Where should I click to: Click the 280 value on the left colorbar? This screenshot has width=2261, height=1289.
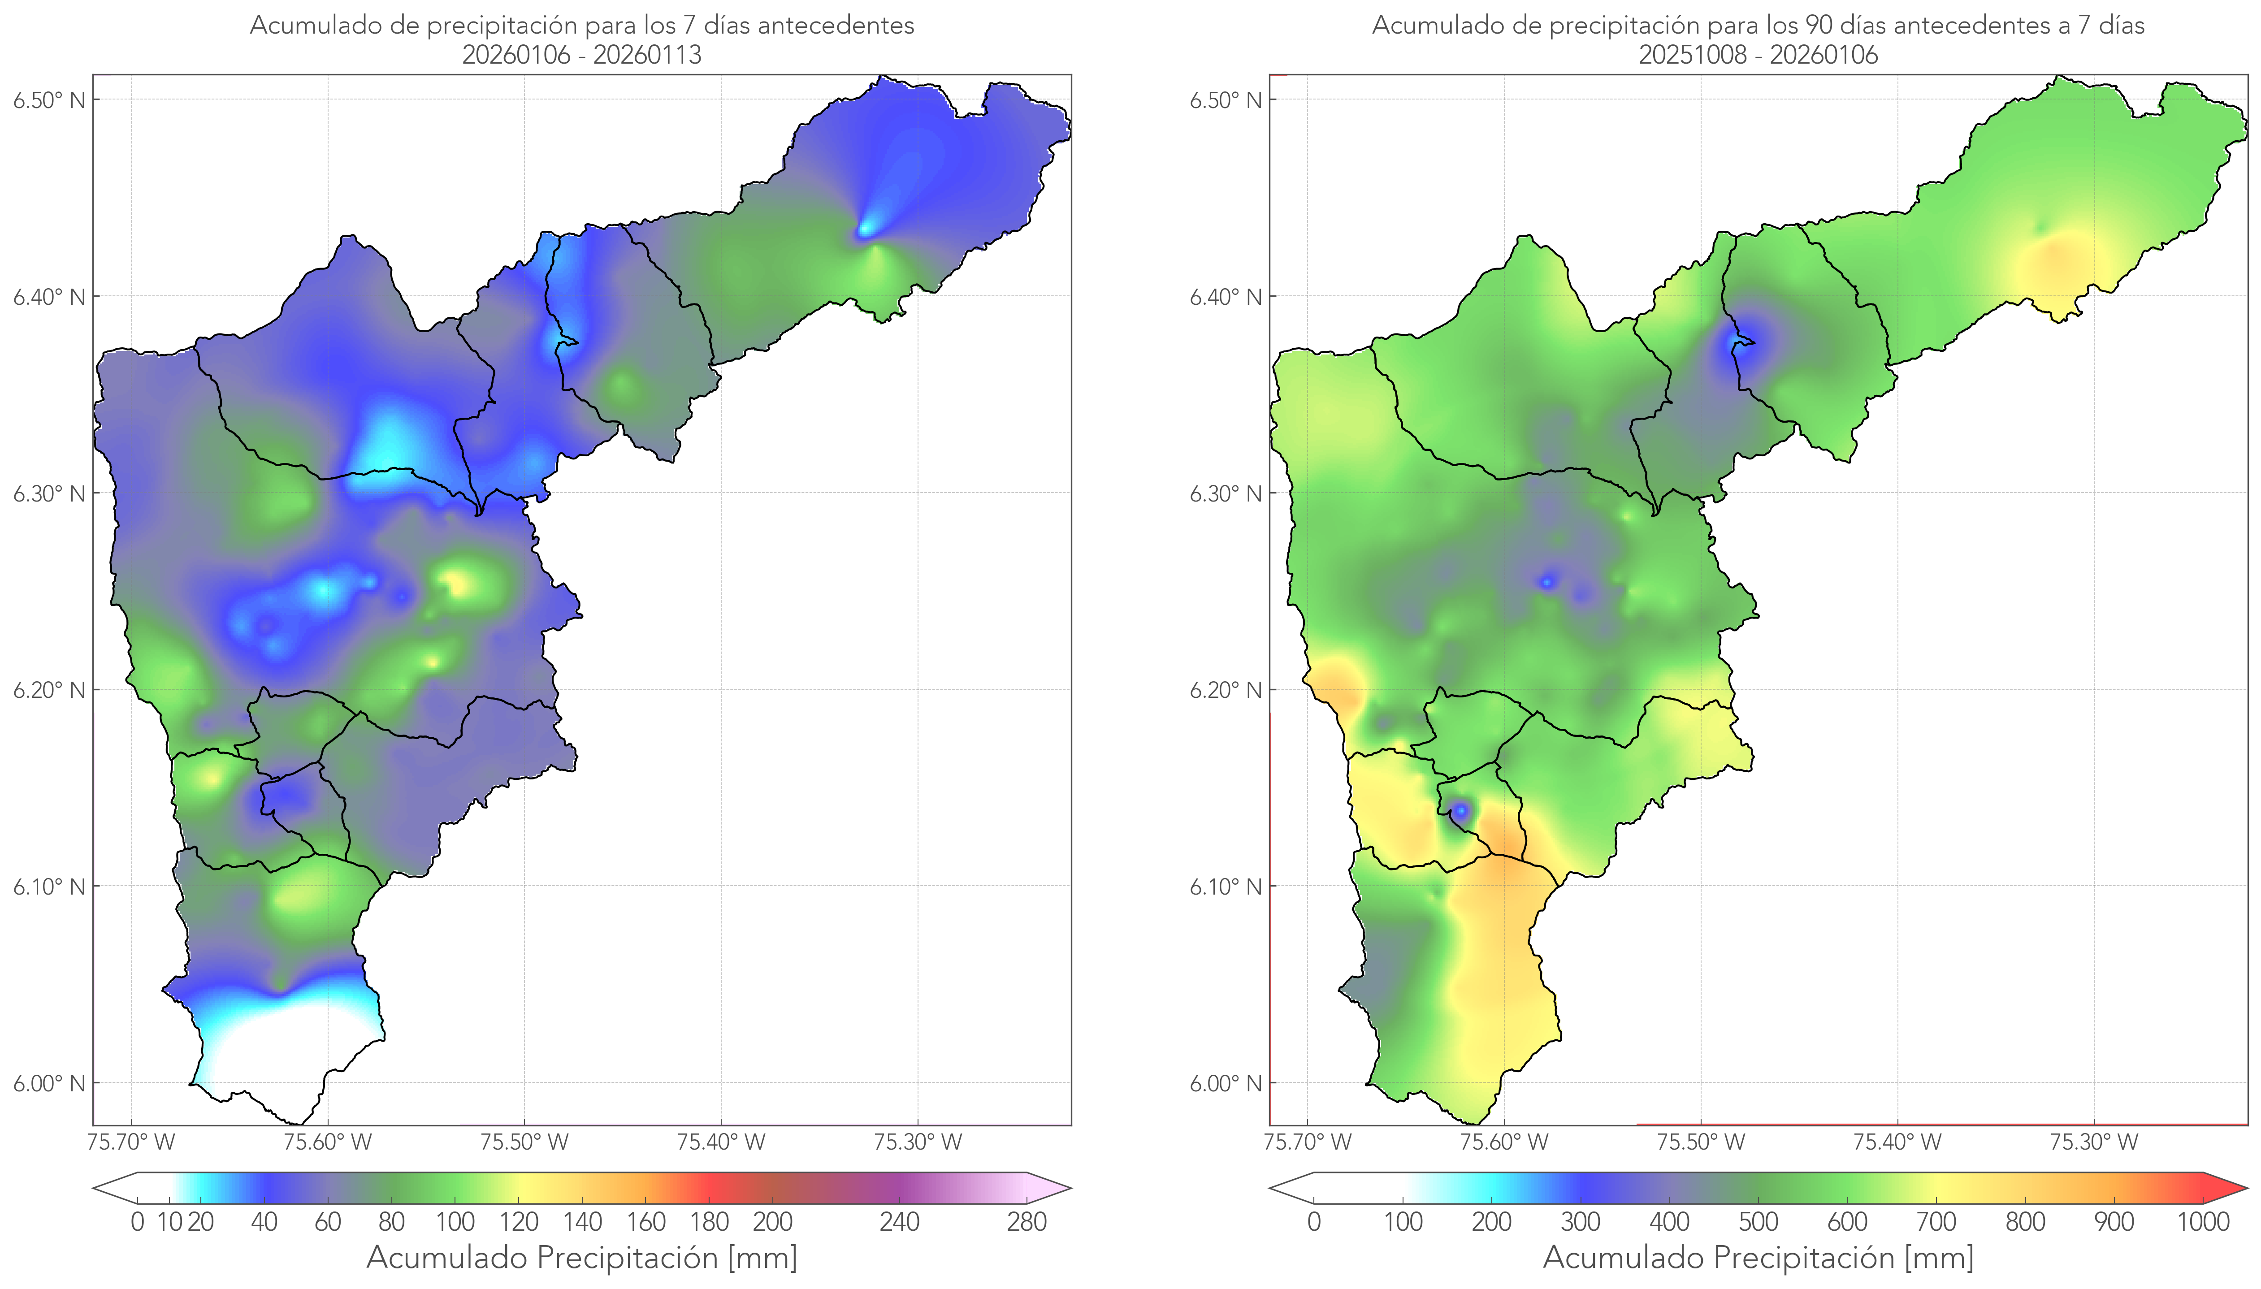tap(1027, 1222)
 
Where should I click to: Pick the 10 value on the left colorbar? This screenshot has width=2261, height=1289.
tap(169, 1222)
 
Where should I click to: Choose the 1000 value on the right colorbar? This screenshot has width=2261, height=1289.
tap(2203, 1222)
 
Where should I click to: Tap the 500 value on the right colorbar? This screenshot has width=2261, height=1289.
tap(1758, 1222)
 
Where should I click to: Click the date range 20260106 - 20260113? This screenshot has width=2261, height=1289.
tap(582, 55)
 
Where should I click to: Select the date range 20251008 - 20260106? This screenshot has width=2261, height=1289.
tap(1758, 55)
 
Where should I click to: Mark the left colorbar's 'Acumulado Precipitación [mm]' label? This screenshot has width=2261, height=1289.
tap(582, 1257)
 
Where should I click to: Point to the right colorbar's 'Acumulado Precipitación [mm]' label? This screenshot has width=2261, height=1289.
tap(1758, 1257)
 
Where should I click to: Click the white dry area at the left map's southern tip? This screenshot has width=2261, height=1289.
tap(283, 1054)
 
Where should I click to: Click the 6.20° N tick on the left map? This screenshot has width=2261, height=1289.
tap(49, 690)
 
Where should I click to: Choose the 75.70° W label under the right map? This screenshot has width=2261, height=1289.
tap(1308, 1142)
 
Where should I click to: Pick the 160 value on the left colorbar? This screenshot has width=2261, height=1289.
tap(646, 1222)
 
